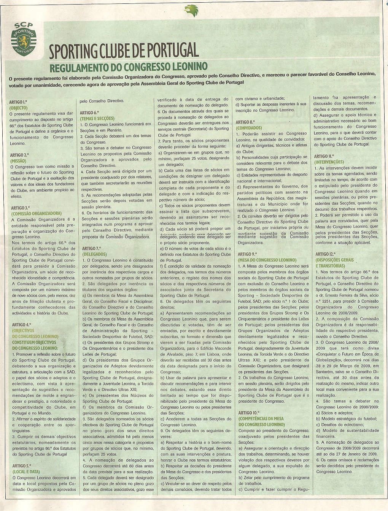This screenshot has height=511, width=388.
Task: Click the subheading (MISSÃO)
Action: coord(18,161)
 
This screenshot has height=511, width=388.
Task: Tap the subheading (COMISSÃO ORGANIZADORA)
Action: coord(36,214)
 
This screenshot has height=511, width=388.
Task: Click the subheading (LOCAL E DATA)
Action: coord(26,471)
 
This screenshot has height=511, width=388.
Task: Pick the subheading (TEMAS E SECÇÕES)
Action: coord(97,119)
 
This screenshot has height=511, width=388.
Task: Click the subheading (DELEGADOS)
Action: coord(94,254)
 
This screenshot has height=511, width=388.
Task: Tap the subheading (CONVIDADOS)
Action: coord(249,128)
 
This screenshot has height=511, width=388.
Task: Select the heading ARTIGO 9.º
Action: coord(247,254)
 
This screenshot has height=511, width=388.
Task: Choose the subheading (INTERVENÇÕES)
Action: coord(329,162)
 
